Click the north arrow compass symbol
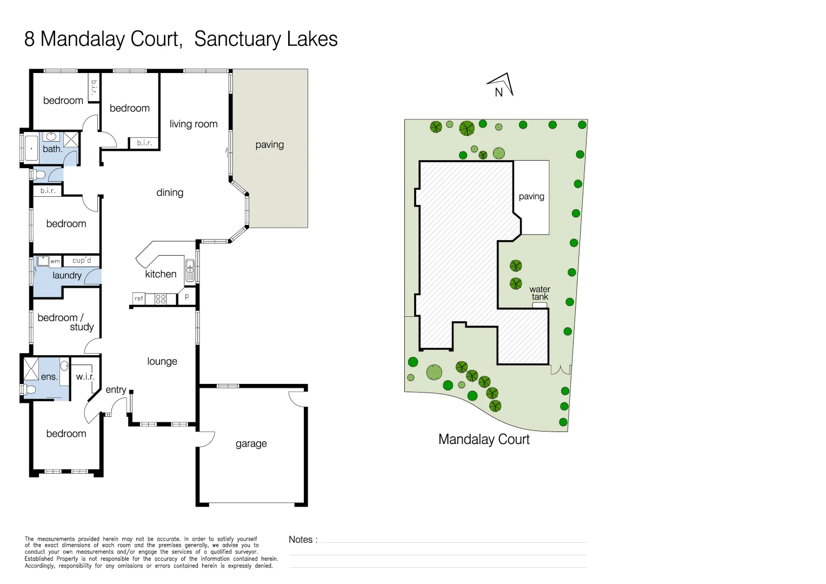(501, 85)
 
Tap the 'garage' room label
(251, 444)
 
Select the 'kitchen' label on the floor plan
(161, 274)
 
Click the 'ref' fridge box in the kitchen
(139, 298)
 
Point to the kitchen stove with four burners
(161, 299)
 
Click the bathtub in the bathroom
(31, 148)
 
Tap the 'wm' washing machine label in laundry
(55, 261)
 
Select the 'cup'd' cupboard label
(82, 261)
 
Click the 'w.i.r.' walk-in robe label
(85, 376)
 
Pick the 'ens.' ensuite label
(49, 377)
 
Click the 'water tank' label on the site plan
(539, 293)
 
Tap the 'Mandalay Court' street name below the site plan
(484, 440)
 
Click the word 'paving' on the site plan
(531, 196)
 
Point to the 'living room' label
(194, 124)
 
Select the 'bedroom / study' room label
(65, 322)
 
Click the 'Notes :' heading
(303, 540)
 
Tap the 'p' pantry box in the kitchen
(187, 297)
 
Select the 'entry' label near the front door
(116, 390)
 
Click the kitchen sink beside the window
(190, 270)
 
